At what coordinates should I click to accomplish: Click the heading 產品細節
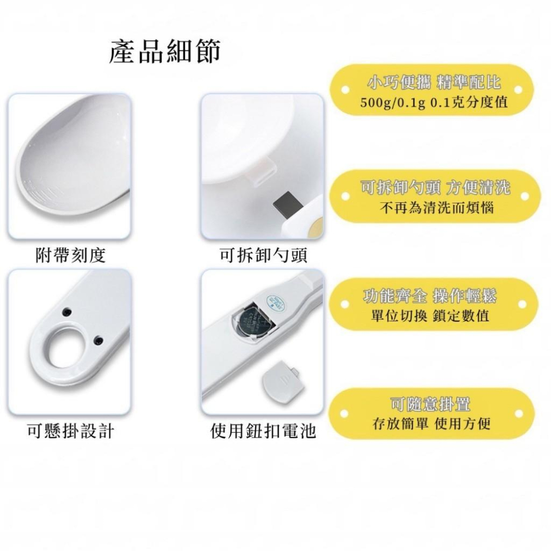(165, 51)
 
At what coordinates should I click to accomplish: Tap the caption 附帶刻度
(70, 255)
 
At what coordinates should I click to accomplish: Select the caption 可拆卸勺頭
(263, 255)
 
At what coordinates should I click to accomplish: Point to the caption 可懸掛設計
(70, 431)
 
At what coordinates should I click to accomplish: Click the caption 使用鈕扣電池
(263, 431)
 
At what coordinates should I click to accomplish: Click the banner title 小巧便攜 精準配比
(434, 83)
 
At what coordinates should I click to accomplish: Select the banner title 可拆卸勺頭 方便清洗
(434, 187)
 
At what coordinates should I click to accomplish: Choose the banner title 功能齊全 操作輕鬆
(434, 296)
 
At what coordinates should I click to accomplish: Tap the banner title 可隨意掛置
(430, 404)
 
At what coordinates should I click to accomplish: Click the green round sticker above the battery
(274, 301)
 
